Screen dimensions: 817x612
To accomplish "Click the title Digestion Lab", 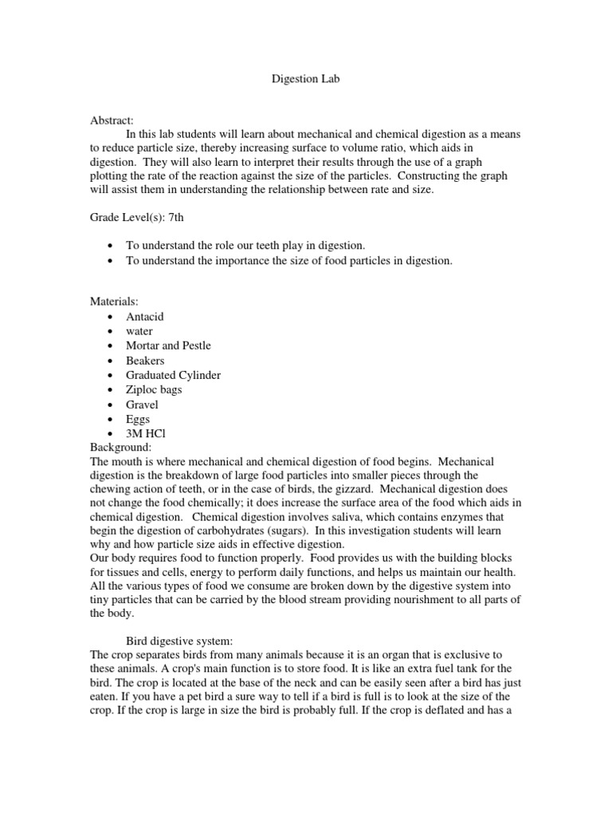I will [306, 81].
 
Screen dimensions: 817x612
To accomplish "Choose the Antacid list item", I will [144, 317].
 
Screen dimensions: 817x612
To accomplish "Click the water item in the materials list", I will [139, 331].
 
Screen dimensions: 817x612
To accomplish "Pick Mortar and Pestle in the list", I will [168, 345].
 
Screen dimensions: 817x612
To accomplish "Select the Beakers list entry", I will [145, 361].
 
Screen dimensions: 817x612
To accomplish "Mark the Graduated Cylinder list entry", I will [173, 375].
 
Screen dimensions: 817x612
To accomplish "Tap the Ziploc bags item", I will [154, 389].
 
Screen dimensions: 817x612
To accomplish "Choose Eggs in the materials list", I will [138, 419].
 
